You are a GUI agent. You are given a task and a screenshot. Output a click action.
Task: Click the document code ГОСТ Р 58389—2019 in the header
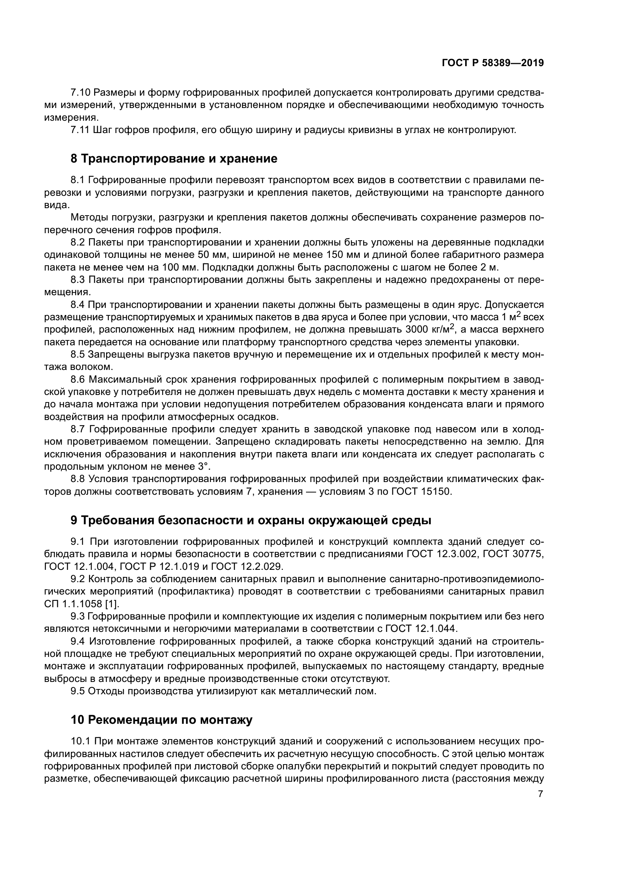click(493, 63)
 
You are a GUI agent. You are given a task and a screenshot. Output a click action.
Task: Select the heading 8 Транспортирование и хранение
click(174, 159)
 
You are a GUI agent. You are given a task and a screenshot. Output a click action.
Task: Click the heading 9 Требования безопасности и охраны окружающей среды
click(251, 521)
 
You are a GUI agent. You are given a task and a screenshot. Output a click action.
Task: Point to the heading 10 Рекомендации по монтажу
click(162, 720)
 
